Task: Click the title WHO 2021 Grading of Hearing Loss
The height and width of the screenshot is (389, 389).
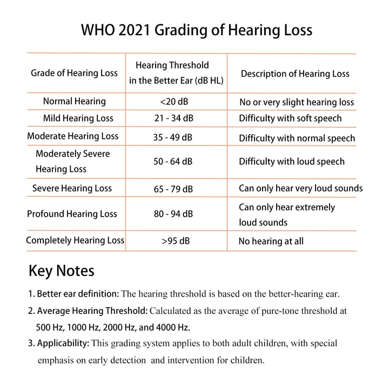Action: coord(197,30)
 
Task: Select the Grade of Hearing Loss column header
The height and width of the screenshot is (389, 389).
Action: coord(74,73)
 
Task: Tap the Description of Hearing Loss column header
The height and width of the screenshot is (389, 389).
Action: coord(295,74)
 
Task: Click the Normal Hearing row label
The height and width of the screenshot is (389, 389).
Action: coord(75,101)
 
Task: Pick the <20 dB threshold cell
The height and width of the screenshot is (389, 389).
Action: coord(174,102)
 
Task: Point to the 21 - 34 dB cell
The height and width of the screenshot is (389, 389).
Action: coord(173,118)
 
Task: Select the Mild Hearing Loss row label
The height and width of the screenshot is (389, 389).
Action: coord(78,118)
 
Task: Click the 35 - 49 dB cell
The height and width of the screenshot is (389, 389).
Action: coord(173,137)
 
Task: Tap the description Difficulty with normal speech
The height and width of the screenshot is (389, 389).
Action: coord(297,138)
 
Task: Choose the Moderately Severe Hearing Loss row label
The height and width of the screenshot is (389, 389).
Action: coord(72,162)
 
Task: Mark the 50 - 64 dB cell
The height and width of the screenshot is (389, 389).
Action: coord(173,162)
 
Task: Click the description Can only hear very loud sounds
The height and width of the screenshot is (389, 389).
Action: coord(301,189)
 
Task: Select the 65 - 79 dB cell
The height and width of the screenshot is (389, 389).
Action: coord(173,189)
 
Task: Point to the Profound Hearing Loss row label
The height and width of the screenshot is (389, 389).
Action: coord(72,214)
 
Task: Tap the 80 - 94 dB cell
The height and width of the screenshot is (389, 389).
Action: coord(173,214)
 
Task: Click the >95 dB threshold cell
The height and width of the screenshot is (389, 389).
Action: coord(174,241)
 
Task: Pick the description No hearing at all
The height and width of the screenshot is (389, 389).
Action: coord(271,242)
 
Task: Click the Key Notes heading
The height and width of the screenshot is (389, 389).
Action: coord(61,271)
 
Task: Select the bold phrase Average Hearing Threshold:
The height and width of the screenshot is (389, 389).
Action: coord(92,311)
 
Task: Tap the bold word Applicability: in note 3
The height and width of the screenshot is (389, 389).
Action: coord(63,343)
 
